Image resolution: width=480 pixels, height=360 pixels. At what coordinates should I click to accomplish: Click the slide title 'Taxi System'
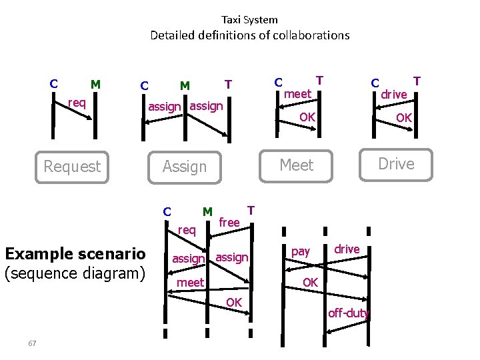click(249, 19)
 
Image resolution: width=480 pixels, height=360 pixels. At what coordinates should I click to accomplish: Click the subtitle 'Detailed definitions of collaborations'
click(249, 35)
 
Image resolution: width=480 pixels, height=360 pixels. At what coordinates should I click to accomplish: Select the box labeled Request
click(72, 166)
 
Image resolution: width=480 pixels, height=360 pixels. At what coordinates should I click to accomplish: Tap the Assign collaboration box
click(185, 166)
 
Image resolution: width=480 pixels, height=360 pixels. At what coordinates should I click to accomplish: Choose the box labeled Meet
click(296, 164)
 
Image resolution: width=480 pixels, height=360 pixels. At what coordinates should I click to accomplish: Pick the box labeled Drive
click(396, 164)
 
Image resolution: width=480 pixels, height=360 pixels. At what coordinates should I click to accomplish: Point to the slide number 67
click(32, 343)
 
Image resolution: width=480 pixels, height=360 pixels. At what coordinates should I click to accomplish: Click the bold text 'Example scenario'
click(75, 253)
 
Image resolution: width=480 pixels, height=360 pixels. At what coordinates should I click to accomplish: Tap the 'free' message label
click(229, 222)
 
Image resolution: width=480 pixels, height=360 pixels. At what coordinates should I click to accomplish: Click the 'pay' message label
click(301, 251)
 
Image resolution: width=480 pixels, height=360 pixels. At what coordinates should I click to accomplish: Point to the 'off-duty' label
click(348, 313)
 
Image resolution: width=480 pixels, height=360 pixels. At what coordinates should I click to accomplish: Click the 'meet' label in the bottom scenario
click(190, 283)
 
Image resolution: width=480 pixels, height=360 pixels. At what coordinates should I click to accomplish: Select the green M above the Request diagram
click(95, 84)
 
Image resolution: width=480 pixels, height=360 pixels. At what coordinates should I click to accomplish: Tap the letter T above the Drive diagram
click(417, 81)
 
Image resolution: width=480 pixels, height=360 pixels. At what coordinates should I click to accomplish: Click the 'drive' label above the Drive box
click(393, 95)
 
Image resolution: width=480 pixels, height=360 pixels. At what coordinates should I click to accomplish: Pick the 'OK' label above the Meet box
click(307, 117)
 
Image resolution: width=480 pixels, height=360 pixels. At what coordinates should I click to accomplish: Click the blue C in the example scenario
click(167, 212)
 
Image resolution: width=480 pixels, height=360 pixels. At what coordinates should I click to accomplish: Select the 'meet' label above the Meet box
click(297, 94)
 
